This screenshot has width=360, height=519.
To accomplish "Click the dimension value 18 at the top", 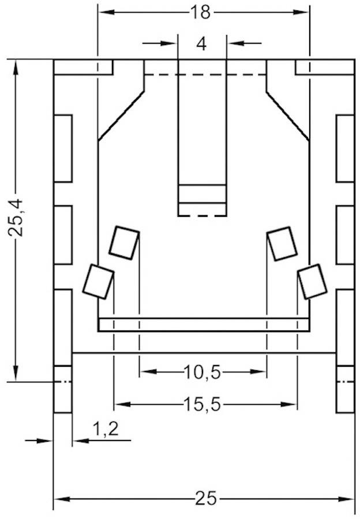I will click(x=202, y=12).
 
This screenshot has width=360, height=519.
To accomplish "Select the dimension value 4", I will click(x=201, y=44).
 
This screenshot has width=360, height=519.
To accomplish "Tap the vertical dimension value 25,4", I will click(x=16, y=217).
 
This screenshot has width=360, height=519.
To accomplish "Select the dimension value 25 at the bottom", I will click(x=205, y=498).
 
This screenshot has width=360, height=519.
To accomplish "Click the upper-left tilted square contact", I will click(x=125, y=242).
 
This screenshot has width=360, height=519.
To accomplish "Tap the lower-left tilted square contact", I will click(x=98, y=281).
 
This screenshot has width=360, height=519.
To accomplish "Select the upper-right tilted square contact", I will click(x=283, y=243).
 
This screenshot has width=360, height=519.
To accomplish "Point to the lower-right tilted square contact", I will click(x=312, y=281).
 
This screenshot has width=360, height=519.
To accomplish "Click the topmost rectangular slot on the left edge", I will click(x=63, y=148).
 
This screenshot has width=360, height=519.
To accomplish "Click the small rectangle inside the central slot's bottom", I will click(x=201, y=194).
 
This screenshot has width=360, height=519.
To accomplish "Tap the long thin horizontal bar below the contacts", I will click(x=204, y=325).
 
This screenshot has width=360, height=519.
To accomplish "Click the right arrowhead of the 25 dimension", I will click(x=348, y=499).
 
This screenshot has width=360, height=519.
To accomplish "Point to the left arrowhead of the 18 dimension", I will click(x=104, y=12).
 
